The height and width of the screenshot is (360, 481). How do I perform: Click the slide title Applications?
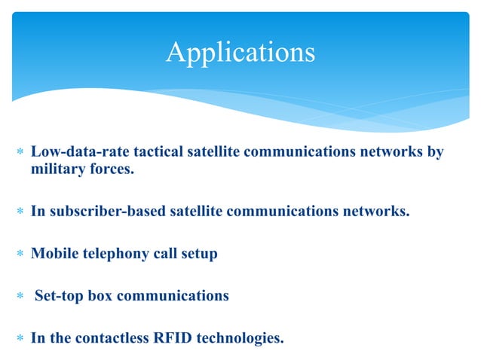(240, 52)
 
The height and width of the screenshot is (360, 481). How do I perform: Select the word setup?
(197, 254)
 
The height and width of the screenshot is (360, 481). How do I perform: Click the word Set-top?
(60, 296)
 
